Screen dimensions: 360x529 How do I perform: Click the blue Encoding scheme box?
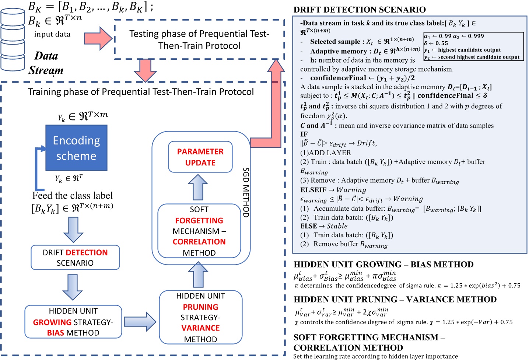pyautogui.click(x=76, y=148)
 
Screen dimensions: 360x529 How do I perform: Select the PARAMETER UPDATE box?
pyautogui.click(x=200, y=157)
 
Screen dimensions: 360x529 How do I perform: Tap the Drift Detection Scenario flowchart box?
pyautogui.click(x=75, y=258)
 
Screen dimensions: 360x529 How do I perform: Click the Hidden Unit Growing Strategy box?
pyautogui.click(x=73, y=322)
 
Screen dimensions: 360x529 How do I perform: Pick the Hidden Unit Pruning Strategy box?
pyautogui.click(x=200, y=317)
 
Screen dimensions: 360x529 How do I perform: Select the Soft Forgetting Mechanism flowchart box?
pyautogui.click(x=199, y=231)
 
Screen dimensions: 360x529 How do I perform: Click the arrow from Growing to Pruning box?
pyautogui.click(x=140, y=321)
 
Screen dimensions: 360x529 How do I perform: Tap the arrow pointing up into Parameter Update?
pyautogui.click(x=198, y=188)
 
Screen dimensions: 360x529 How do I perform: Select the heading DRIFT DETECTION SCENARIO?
pyautogui.click(x=360, y=10)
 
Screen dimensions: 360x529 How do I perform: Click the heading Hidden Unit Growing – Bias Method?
pyautogui.click(x=383, y=265)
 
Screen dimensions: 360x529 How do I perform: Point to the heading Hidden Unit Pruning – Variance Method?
pyautogui.click(x=395, y=300)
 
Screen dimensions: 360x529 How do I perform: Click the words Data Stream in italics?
pyautogui.click(x=46, y=63)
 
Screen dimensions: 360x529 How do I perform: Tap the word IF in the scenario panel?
pyautogui.click(x=304, y=134)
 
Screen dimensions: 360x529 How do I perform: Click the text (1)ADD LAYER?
pyautogui.click(x=326, y=153)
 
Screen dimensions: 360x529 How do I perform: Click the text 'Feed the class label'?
pyautogui.click(x=73, y=195)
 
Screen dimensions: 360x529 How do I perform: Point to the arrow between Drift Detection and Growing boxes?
pyautogui.click(x=73, y=287)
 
